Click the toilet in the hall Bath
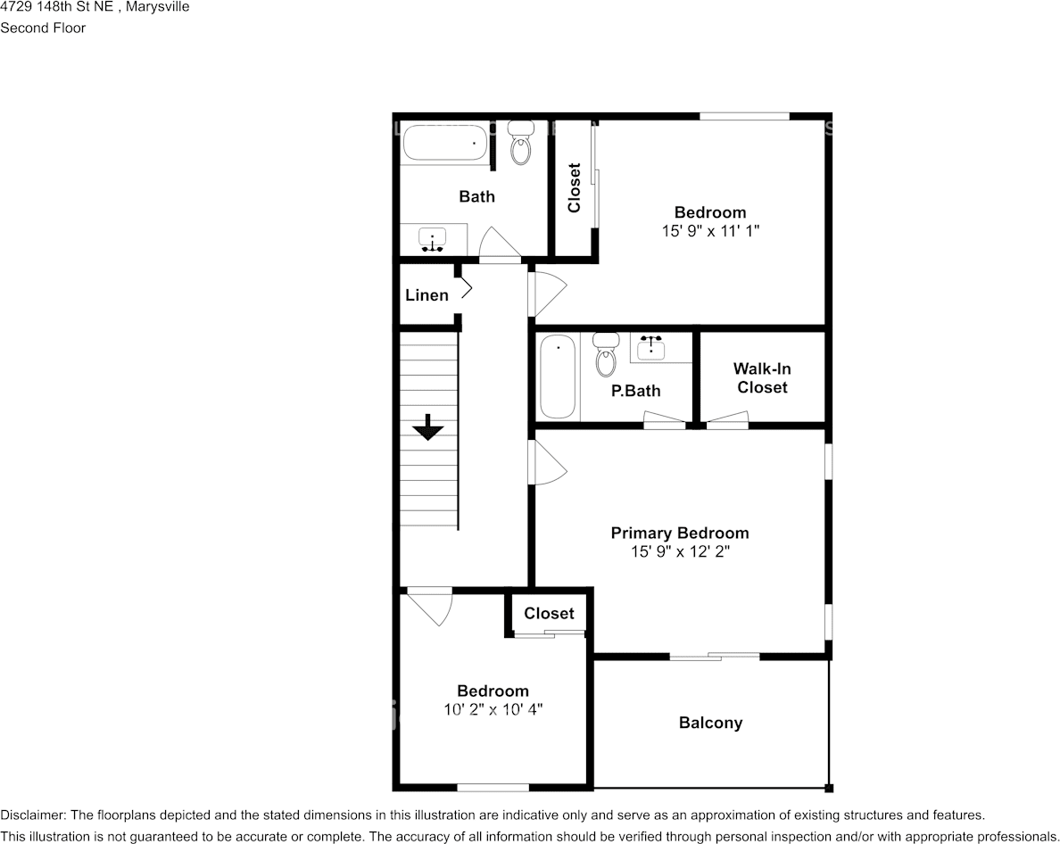point(520,143)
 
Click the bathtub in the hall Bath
point(445,143)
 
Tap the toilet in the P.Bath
point(606,355)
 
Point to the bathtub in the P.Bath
point(559,376)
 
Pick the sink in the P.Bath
point(650,347)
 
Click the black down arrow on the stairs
point(428,427)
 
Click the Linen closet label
point(426,295)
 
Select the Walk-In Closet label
point(763,377)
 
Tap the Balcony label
point(710,723)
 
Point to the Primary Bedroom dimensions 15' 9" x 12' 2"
point(680,552)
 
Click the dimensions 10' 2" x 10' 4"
point(493,709)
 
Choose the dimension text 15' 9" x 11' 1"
point(710,231)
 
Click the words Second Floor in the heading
point(43,28)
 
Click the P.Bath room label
point(635,391)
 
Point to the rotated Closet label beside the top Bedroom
point(574,188)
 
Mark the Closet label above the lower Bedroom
point(549,614)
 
